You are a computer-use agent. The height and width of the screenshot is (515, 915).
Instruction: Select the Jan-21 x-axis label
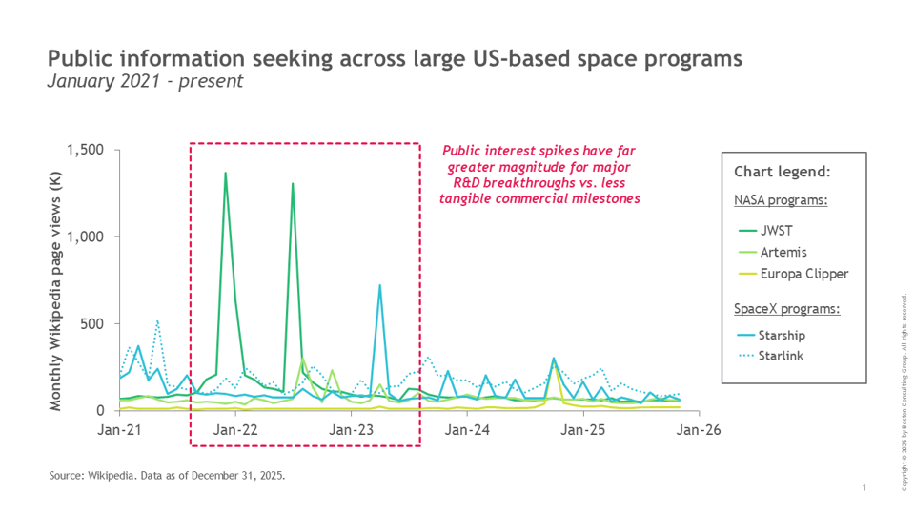tap(120, 430)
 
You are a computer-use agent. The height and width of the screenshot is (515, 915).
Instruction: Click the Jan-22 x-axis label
tap(235, 430)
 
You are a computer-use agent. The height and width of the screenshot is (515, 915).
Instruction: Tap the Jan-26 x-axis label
tap(699, 430)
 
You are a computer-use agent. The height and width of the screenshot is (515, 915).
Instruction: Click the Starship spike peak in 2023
tap(380, 285)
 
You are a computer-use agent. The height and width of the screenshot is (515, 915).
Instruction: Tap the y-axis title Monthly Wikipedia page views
tap(56, 299)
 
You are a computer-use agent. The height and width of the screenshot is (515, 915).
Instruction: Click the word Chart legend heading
tap(782, 173)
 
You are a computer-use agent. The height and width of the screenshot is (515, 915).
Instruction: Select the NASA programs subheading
tap(780, 200)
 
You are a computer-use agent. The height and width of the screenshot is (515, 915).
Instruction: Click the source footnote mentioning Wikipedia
tap(167, 474)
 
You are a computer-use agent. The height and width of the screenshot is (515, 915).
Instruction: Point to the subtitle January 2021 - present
tap(145, 82)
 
